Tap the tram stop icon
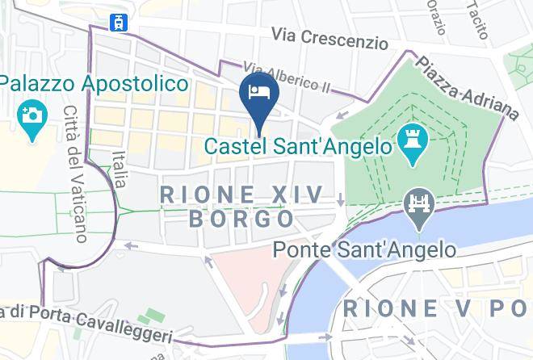point(122,23)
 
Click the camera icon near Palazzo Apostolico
point(32,115)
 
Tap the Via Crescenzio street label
point(330,36)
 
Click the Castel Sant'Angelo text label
point(298,147)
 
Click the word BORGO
point(241,219)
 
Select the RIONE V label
point(436,308)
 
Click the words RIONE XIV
point(241,195)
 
